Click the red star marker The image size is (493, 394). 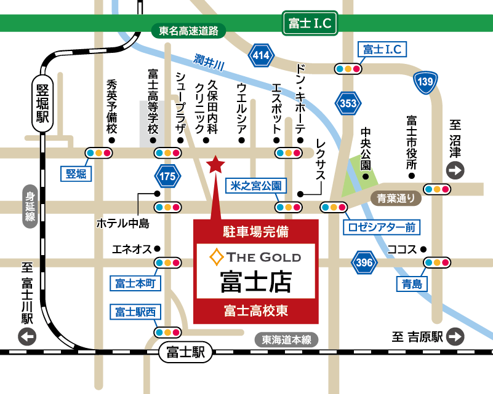coord(215,164)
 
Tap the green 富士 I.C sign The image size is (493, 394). coord(310,24)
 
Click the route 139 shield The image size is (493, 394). coord(426,82)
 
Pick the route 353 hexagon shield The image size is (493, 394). coord(348,103)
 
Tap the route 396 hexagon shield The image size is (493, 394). coord(364,263)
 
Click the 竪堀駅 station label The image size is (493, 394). coord(41,102)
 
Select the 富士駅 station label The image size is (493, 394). coord(185,352)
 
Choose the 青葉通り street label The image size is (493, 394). coord(396,198)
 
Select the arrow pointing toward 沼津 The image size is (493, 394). coord(456,171)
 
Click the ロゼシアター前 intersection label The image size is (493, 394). coord(381,227)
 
